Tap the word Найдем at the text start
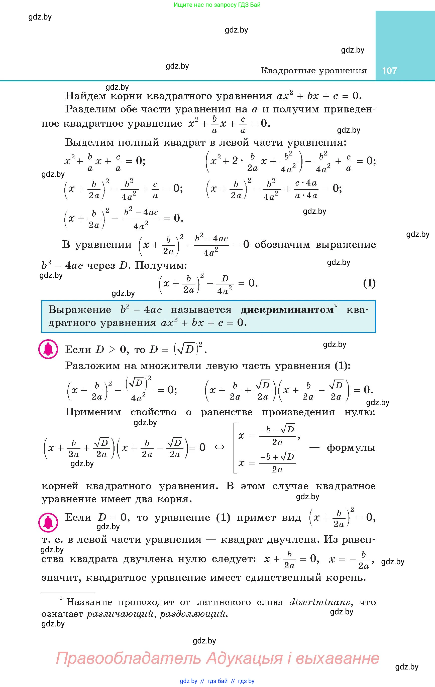85,96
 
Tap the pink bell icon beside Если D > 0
48,349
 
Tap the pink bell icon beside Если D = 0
48,522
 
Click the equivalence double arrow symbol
219,447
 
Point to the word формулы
351,448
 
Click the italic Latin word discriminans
319,602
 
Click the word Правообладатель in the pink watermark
128,658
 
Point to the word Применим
93,412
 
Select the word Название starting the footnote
89,602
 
